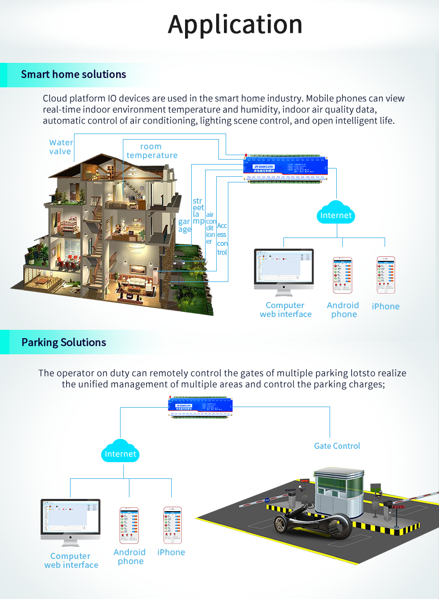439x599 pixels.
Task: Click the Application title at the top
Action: [x=235, y=25]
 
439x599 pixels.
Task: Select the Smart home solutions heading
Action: [x=73, y=75]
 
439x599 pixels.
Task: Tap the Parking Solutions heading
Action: [x=63, y=342]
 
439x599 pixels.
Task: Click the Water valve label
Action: [x=61, y=147]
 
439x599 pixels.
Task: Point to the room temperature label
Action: [x=152, y=151]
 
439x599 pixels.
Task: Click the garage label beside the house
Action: [x=184, y=225]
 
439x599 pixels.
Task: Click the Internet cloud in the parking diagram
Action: [x=121, y=453]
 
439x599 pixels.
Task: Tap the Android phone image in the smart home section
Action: [x=342, y=275]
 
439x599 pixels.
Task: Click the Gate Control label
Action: [x=337, y=446]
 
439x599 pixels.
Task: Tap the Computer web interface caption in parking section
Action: [x=71, y=561]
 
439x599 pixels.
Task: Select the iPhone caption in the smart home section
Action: [x=386, y=306]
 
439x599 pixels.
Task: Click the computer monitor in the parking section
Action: [x=71, y=520]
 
